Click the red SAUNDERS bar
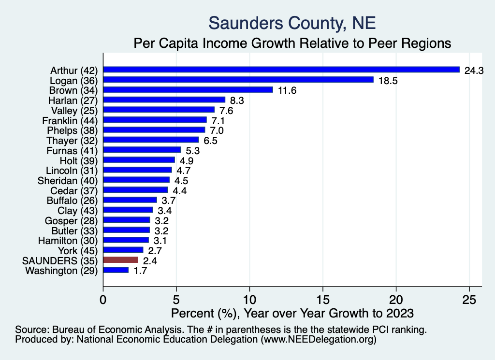(x=121, y=260)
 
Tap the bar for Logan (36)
(x=238, y=80)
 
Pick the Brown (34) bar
(x=188, y=89)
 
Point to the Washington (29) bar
(x=116, y=270)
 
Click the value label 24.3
(x=474, y=71)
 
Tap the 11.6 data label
(x=287, y=90)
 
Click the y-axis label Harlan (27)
(x=73, y=100)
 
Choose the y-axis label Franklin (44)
(x=70, y=120)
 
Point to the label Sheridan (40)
(x=68, y=180)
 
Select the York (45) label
(x=77, y=250)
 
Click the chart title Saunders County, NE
(x=292, y=23)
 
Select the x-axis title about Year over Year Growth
(x=292, y=313)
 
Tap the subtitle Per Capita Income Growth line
(x=292, y=43)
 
